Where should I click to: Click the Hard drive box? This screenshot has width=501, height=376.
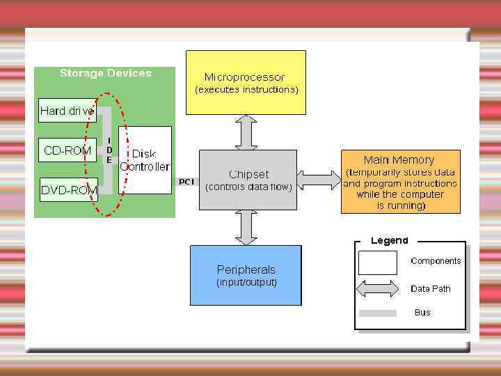(x=67, y=110)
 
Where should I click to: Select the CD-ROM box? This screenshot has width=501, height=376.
(x=67, y=150)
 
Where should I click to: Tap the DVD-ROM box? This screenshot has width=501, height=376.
(x=68, y=189)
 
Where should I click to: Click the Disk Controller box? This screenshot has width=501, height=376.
(x=145, y=160)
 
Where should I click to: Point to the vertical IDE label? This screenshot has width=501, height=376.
(x=109, y=150)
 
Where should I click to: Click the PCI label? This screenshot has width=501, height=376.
(x=186, y=182)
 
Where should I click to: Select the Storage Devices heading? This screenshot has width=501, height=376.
(x=105, y=73)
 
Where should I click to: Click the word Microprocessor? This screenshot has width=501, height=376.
(x=244, y=77)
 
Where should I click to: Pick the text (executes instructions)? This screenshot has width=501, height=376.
(x=246, y=90)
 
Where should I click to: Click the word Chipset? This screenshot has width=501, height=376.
(x=248, y=174)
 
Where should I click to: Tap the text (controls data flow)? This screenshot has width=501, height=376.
(x=248, y=187)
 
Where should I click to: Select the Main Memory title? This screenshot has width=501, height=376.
(x=399, y=160)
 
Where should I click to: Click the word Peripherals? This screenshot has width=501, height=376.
(x=246, y=269)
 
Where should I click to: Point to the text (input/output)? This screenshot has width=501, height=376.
(x=246, y=282)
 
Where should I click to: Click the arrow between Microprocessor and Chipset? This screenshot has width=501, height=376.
(x=246, y=132)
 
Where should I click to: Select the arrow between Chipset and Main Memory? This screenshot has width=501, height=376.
(x=319, y=179)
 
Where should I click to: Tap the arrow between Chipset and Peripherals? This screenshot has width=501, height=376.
(x=246, y=227)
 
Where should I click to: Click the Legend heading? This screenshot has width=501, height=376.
(x=390, y=240)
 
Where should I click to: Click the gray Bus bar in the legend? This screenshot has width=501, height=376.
(x=377, y=313)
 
